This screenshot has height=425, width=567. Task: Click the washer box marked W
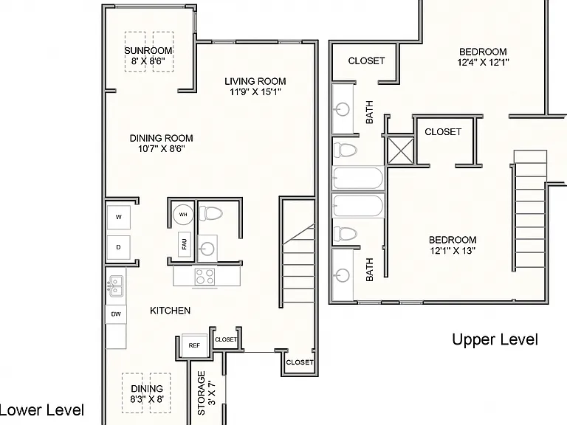[119, 217]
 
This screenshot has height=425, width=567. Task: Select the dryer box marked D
[119, 248]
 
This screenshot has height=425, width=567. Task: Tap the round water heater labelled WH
[183, 215]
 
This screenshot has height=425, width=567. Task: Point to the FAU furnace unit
[185, 244]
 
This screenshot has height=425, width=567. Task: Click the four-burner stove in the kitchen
[205, 277]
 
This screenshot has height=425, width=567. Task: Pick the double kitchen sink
[116, 286]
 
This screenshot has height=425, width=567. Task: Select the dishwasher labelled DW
[116, 314]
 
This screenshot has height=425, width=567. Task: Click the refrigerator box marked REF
[194, 346]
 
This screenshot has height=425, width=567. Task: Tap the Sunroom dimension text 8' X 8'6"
[148, 61]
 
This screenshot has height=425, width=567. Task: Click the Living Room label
[255, 81]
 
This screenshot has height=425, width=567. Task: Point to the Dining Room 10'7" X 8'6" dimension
[161, 148]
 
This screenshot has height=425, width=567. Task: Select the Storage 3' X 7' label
[207, 393]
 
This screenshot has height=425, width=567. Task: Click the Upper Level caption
[495, 339]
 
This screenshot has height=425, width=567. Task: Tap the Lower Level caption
[41, 410]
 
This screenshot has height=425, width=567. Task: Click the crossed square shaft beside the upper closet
[400, 151]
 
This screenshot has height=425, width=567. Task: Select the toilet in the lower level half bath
[210, 213]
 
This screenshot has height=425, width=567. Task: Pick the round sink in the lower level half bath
[207, 248]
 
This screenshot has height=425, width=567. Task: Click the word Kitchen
[170, 311]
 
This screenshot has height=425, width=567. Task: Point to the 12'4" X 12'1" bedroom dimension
[483, 63]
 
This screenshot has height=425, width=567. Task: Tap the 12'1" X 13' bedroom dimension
[453, 251]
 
